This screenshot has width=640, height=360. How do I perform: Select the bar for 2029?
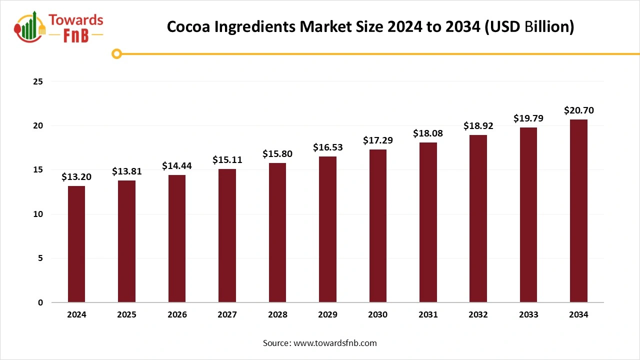point(327,229)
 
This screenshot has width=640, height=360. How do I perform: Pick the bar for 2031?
point(428,222)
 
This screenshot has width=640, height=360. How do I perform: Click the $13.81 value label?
point(126,171)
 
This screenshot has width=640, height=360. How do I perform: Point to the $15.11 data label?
point(227,160)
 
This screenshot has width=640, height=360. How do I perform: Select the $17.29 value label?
point(377,140)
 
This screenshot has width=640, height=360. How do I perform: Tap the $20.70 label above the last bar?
point(578,110)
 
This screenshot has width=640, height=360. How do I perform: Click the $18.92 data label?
point(478,126)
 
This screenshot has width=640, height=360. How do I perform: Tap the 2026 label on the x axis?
point(177,314)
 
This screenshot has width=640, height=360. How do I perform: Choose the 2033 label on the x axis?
point(528,314)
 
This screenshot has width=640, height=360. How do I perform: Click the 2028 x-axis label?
point(277,314)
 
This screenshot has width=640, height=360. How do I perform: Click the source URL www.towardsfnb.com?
point(335,343)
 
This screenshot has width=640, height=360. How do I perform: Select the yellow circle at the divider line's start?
point(117,53)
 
